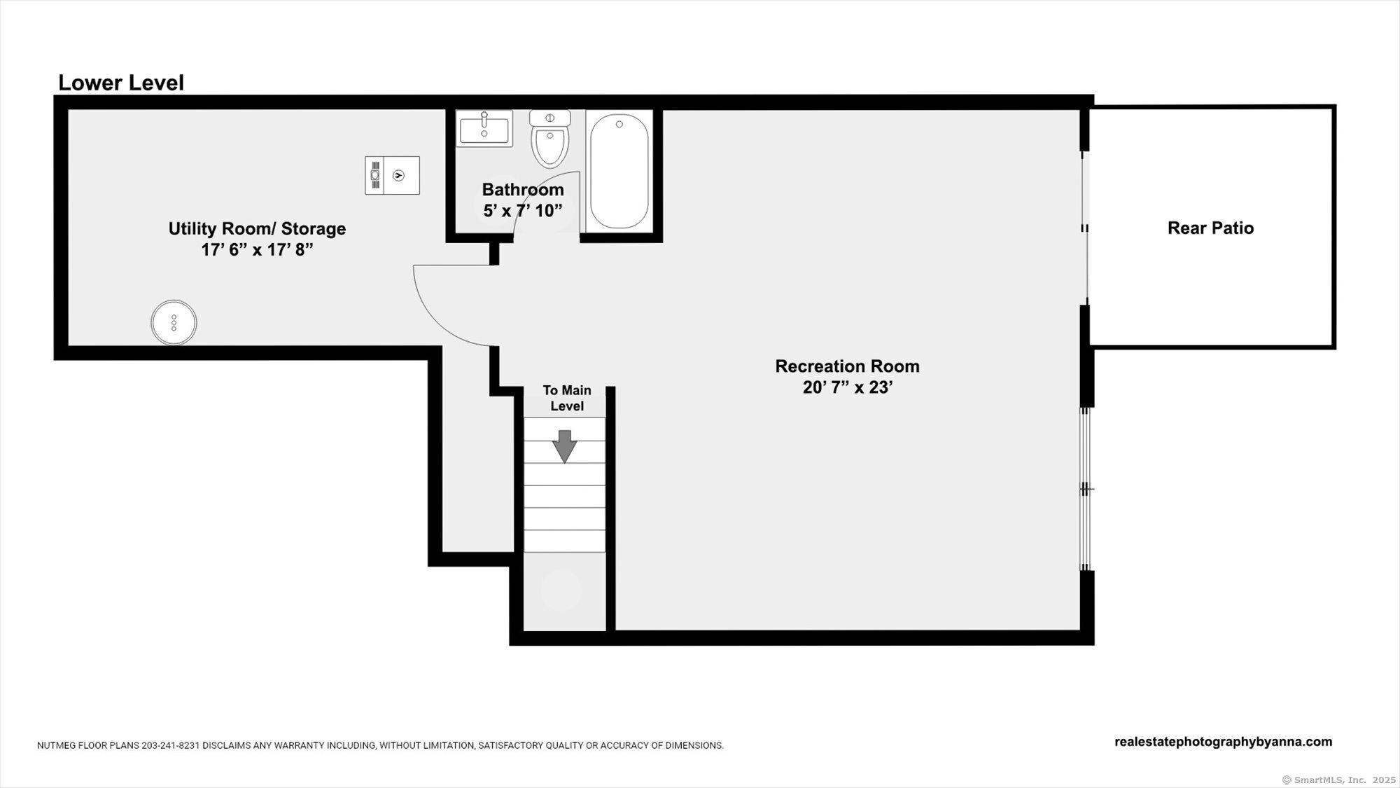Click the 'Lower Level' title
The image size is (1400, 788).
(x=120, y=83)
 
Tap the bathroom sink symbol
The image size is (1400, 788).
(x=484, y=129)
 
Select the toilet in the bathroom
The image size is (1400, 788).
(x=550, y=139)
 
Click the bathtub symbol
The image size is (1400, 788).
(x=619, y=171)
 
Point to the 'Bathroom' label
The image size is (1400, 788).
(x=522, y=190)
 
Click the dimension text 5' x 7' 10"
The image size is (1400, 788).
(x=522, y=210)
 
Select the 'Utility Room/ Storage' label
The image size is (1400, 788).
(x=257, y=228)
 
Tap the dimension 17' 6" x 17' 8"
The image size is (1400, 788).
(x=257, y=249)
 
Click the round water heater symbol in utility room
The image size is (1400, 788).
(x=174, y=323)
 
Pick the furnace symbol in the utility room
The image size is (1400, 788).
(x=392, y=175)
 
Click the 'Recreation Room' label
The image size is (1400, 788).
(x=847, y=366)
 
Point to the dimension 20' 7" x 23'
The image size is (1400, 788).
(x=847, y=387)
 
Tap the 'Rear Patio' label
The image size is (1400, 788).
(x=1210, y=228)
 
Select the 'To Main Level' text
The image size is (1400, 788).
(x=566, y=398)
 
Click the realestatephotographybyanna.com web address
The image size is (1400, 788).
(x=1223, y=742)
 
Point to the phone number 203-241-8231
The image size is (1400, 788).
(x=170, y=746)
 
